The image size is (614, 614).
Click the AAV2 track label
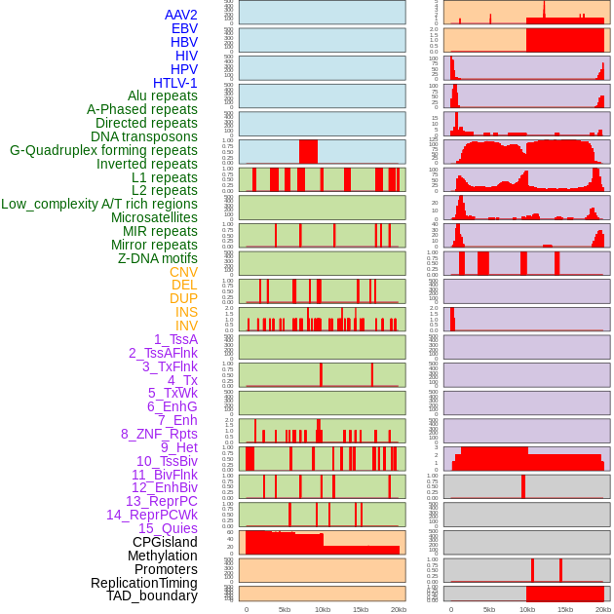click(181, 15)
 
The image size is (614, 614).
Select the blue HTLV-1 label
click(175, 83)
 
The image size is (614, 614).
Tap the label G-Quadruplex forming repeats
click(103, 150)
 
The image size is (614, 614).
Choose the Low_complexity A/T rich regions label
click(99, 204)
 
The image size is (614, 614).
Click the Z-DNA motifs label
click(158, 258)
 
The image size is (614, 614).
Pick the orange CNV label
click(183, 272)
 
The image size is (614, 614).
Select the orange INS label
click(186, 312)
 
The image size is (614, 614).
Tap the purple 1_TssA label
click(175, 339)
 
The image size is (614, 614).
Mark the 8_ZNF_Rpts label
click(159, 434)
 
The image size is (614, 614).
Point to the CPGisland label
click(165, 542)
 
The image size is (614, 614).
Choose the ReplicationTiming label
click(143, 583)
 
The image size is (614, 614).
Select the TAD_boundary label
click(152, 595)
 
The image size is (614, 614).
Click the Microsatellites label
click(154, 217)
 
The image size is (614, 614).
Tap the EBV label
click(184, 28)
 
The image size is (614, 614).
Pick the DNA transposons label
click(144, 136)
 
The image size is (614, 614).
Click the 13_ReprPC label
click(161, 501)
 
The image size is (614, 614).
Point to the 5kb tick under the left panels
click(285, 609)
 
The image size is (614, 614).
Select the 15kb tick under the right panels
click(565, 609)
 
